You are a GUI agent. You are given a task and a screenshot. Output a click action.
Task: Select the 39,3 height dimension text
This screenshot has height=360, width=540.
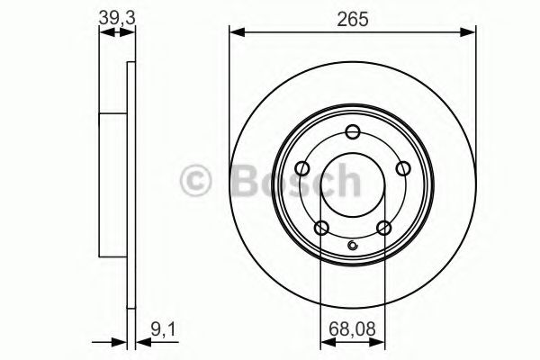115,15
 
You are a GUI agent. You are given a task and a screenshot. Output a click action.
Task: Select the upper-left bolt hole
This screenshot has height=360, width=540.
302,167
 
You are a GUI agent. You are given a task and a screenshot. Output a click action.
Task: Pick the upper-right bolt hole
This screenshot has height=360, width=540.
402,167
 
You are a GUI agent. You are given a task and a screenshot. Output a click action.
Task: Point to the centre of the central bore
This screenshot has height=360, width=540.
353,184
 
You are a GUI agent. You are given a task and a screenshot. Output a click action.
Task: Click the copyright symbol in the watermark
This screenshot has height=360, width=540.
196,181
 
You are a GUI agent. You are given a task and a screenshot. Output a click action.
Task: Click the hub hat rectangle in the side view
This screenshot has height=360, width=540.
112,185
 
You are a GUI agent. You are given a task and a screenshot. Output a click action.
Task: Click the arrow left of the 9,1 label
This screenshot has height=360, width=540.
116,341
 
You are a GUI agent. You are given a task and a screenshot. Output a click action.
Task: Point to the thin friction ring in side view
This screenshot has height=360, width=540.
130,185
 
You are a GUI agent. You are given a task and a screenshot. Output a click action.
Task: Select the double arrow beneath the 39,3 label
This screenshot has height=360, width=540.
115,33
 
